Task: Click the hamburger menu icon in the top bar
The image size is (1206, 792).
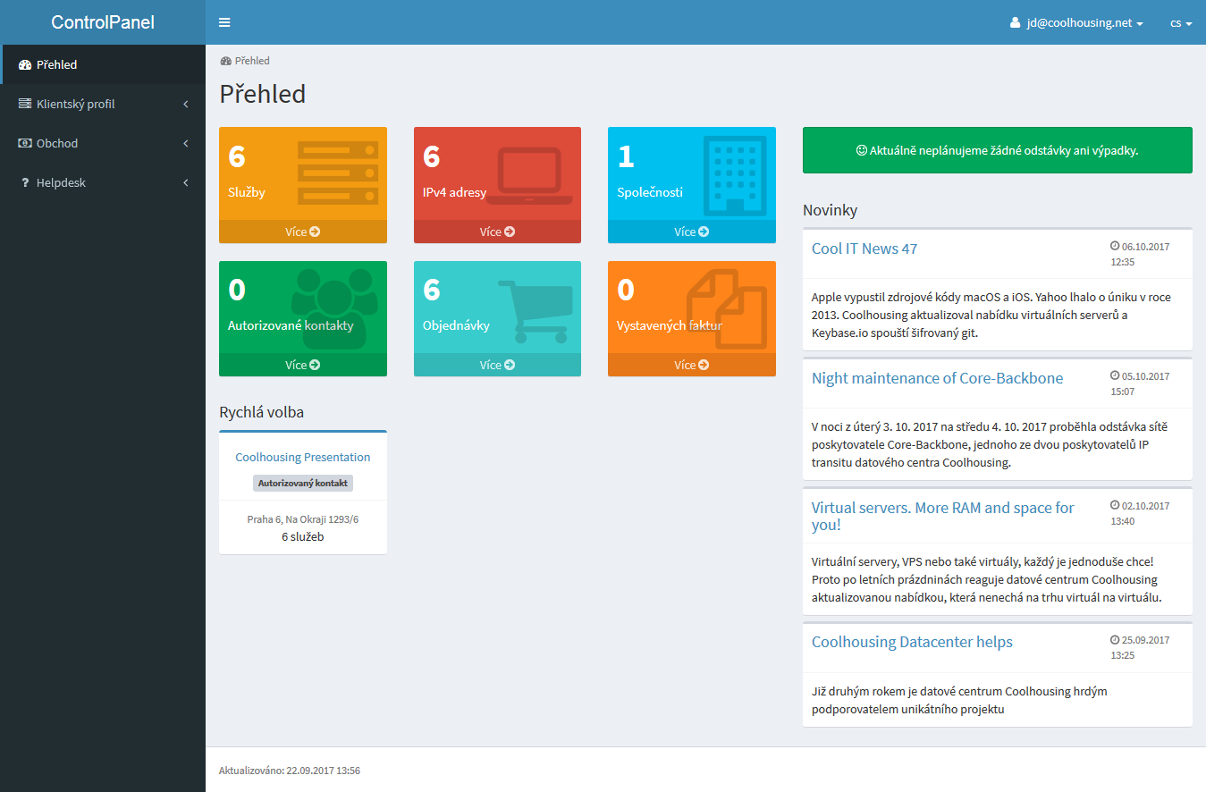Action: coord(224,22)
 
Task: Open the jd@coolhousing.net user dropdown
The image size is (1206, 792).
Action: coord(1076,22)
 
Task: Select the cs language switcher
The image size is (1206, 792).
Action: coord(1181,23)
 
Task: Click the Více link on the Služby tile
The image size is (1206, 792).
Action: coord(302,232)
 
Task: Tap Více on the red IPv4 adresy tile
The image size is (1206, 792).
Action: coord(497,232)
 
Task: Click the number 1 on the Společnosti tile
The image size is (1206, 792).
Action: coord(626,156)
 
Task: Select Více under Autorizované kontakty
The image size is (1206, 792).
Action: coord(302,365)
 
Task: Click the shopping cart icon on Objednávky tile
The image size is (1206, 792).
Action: coord(536,312)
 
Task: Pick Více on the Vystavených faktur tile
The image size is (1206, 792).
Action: coord(691,365)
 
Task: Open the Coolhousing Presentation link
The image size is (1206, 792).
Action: coord(302,457)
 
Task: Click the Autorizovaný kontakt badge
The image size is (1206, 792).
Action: coord(302,483)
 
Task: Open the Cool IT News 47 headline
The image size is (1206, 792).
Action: coord(864,249)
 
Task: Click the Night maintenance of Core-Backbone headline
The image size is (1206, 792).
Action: coord(937,378)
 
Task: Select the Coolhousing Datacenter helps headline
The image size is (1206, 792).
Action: coord(912,642)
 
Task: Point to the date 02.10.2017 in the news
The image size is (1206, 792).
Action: coord(1145,506)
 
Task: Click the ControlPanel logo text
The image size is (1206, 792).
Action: coord(103,22)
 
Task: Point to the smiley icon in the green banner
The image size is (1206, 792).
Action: coord(862,150)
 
